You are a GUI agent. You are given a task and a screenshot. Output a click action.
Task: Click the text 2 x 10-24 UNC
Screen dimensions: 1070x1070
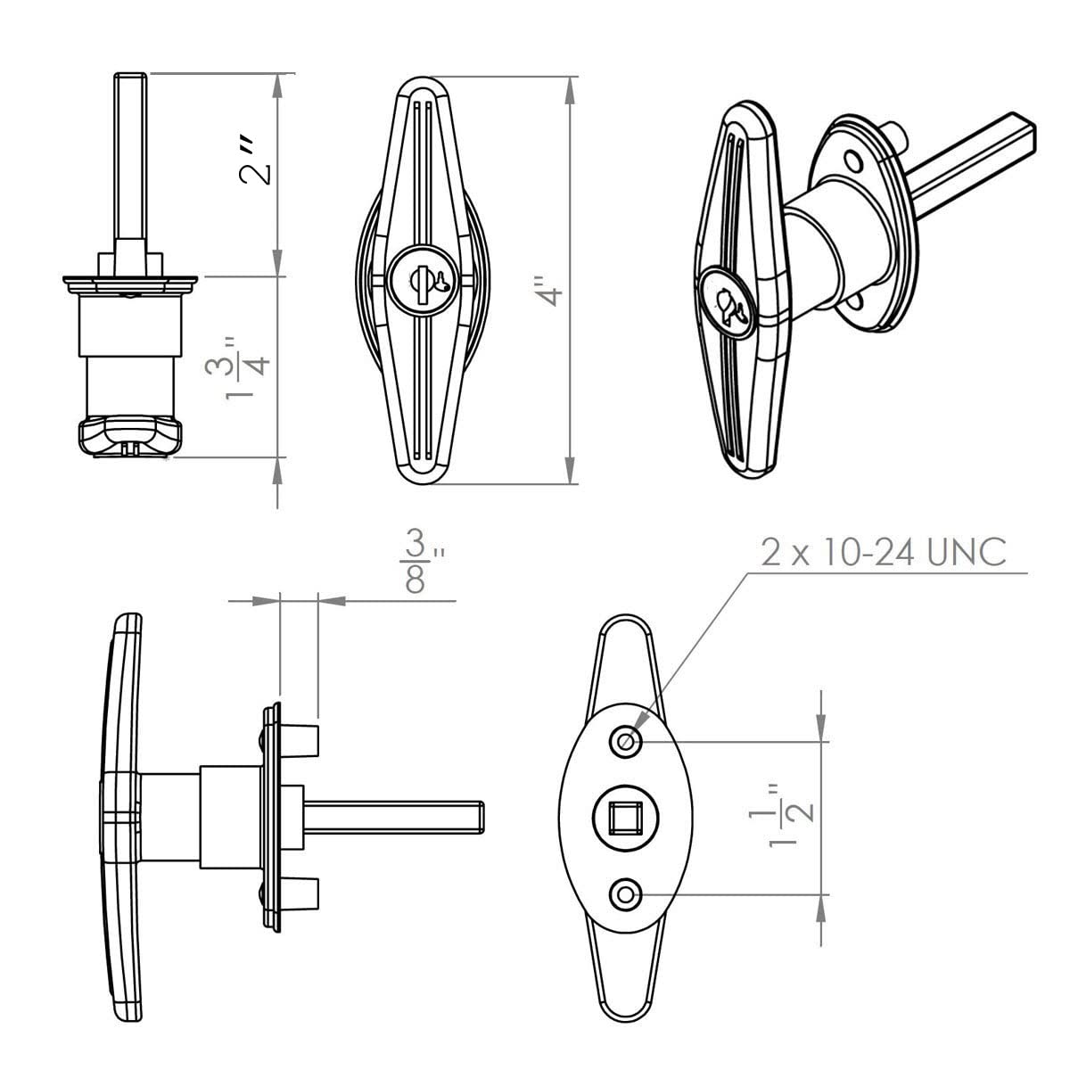(883, 552)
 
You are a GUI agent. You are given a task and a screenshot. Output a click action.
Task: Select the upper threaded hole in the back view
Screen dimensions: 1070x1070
(625, 740)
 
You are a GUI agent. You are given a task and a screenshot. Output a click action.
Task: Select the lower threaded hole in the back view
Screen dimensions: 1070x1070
(625, 893)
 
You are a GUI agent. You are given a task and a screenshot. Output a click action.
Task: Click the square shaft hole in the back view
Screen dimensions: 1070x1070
(625, 816)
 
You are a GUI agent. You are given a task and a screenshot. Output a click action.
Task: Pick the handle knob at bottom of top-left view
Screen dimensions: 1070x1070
(130, 437)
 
